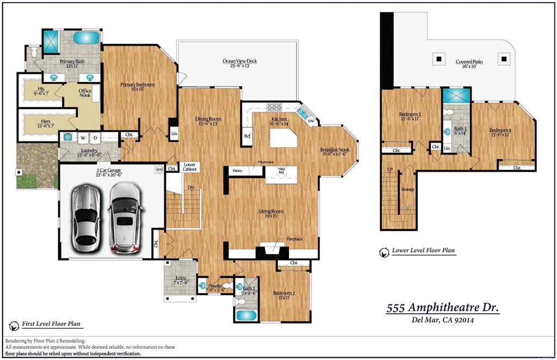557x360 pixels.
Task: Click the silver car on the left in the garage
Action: tap(85, 215)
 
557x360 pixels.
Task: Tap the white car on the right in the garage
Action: tap(126, 218)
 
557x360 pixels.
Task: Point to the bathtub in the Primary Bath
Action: tap(86, 38)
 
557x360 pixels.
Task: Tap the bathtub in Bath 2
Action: tap(246, 315)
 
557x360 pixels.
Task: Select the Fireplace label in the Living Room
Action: tap(294, 239)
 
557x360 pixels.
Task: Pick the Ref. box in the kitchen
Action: tap(247, 136)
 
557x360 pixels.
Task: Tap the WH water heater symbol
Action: tap(159, 169)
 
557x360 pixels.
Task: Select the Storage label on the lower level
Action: tap(407, 189)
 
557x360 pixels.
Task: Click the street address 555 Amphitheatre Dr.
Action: tap(442, 308)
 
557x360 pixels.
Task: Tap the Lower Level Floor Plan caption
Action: tap(423, 251)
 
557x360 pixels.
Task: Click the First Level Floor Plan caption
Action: tap(51, 324)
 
